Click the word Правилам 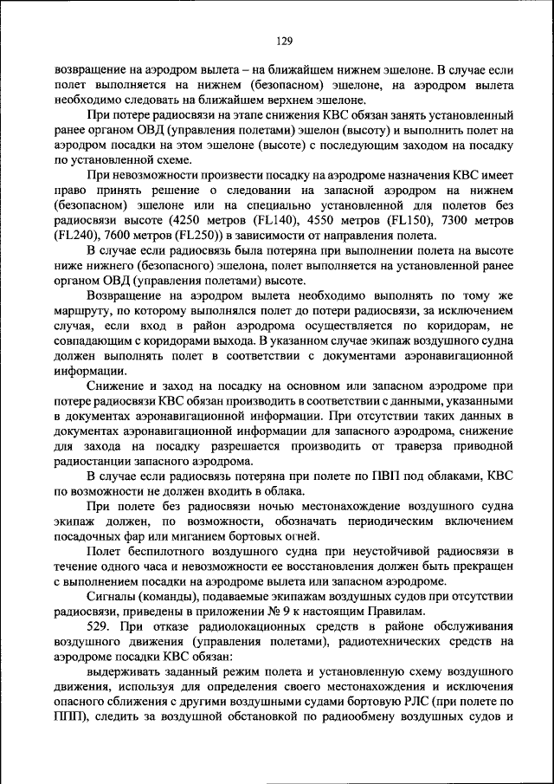click(x=396, y=611)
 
